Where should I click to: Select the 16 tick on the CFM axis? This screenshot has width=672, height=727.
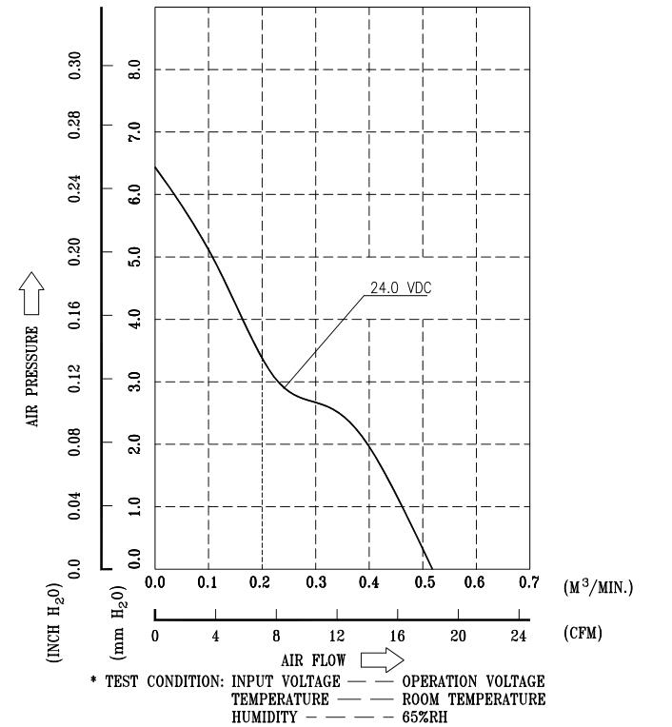[x=397, y=636]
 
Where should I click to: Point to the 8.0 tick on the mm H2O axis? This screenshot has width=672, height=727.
[x=135, y=70]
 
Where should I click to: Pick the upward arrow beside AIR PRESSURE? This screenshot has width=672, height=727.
[x=32, y=293]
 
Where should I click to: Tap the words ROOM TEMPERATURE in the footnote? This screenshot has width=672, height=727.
[x=474, y=699]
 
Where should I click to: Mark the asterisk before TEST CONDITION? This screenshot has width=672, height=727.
[x=94, y=681]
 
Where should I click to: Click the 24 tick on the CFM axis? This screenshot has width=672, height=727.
[x=519, y=636]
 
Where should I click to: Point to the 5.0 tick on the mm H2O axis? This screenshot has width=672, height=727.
[x=135, y=257]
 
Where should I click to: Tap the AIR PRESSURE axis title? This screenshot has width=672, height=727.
[x=32, y=377]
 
